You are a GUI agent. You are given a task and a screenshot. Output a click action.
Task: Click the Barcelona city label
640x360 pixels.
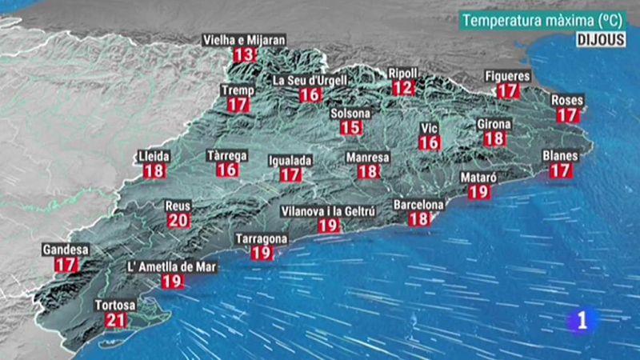418,205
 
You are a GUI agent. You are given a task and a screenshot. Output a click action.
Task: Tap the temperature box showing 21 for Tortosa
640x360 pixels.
115,321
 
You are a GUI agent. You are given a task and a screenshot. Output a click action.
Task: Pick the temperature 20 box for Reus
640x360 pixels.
178,221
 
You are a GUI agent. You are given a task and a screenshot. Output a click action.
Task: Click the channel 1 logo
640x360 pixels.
582,321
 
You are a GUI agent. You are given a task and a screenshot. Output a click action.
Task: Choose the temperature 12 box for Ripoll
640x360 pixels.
404,88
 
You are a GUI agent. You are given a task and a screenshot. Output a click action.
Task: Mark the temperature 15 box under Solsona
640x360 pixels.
350,128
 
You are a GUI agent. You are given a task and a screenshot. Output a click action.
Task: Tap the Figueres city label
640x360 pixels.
507,76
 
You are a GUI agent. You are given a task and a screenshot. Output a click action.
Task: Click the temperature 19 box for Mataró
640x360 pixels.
478,191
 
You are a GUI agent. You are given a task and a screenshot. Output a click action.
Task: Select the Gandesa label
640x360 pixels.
66,250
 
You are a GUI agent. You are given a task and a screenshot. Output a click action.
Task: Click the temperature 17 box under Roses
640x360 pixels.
567,115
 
